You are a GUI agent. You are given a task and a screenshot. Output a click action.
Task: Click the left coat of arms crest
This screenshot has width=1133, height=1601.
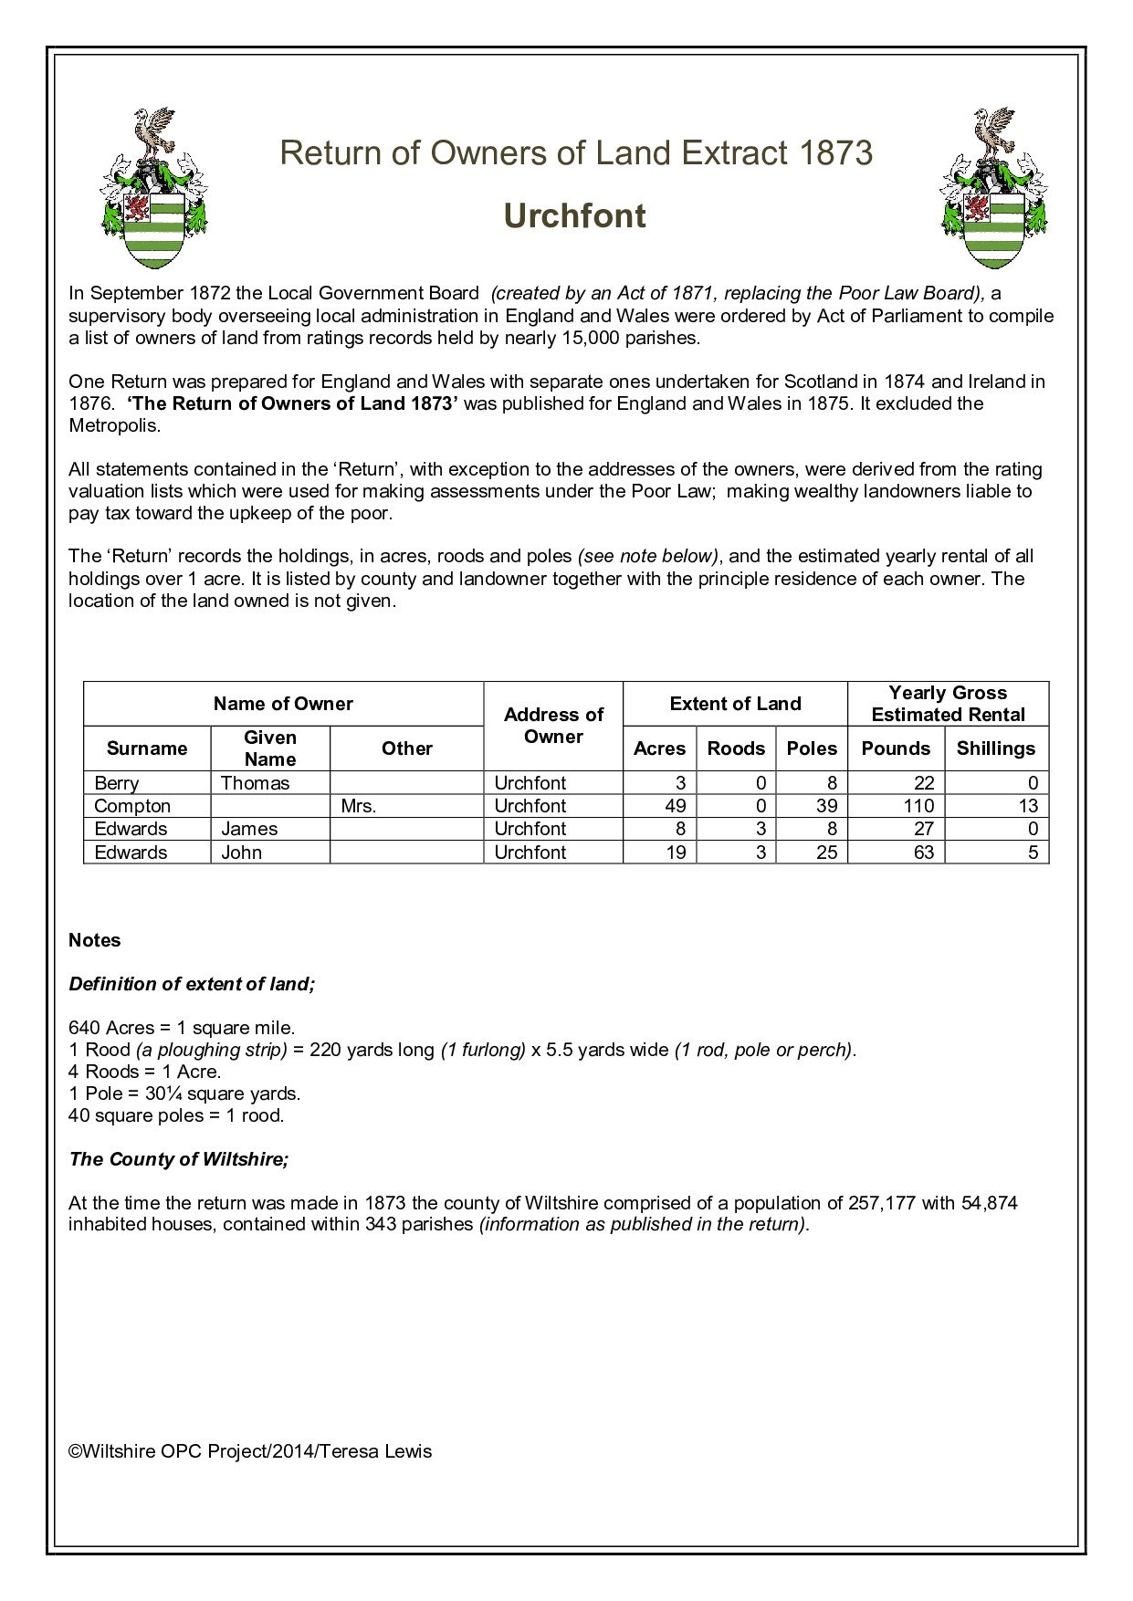click(x=153, y=189)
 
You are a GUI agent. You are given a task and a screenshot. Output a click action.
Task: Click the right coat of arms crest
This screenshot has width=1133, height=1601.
click(x=994, y=189)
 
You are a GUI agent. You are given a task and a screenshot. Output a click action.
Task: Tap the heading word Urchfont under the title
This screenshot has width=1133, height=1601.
click(x=574, y=216)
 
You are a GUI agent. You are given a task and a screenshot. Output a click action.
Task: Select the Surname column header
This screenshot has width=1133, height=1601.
click(x=146, y=748)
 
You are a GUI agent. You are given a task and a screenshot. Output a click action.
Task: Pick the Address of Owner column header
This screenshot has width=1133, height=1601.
click(x=553, y=726)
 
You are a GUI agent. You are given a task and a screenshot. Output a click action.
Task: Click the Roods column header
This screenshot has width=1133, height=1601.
click(x=736, y=748)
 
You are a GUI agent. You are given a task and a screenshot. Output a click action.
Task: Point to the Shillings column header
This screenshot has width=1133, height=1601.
click(x=995, y=748)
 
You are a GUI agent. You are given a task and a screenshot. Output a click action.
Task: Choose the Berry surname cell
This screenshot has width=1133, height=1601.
click(x=117, y=783)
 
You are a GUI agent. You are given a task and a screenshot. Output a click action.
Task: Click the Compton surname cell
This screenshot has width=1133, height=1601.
click(x=132, y=806)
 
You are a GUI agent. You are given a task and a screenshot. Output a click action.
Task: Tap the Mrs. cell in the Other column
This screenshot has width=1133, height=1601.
click(x=359, y=806)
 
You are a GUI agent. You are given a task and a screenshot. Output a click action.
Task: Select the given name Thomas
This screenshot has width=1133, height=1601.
click(x=255, y=783)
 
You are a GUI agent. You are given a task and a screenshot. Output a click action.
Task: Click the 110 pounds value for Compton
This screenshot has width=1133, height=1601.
click(x=918, y=806)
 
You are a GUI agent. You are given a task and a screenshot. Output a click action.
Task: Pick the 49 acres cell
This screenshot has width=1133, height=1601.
click(x=676, y=806)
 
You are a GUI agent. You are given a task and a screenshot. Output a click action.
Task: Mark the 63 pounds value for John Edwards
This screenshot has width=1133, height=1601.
click(x=924, y=853)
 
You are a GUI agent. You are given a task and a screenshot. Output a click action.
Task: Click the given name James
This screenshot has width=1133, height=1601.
click(x=249, y=829)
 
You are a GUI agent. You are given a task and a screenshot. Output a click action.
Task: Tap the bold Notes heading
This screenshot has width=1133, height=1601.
click(x=94, y=940)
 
